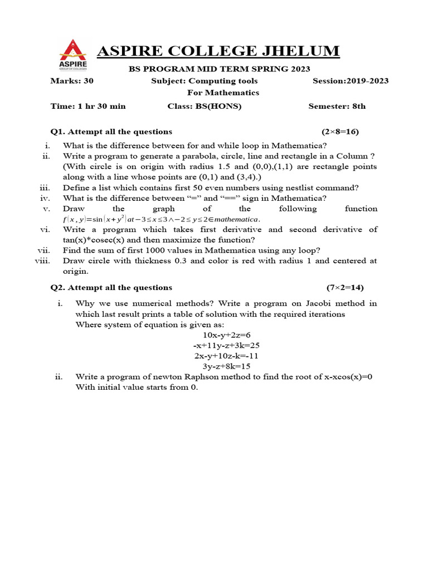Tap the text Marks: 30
[x=72, y=81]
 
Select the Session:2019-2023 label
[x=351, y=81]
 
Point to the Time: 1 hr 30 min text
[x=88, y=106]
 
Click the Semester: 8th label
[x=337, y=106]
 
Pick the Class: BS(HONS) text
[x=205, y=106]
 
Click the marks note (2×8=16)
[x=340, y=132]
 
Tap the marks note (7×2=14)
[x=344, y=288]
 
